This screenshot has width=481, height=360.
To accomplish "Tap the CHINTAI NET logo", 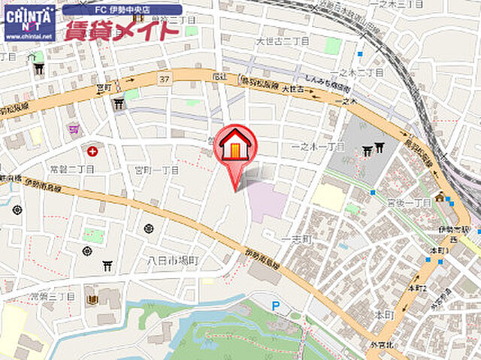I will click(29, 23).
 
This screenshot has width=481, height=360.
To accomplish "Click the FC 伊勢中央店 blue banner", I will click(122, 11).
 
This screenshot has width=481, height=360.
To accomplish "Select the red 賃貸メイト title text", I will click(122, 31).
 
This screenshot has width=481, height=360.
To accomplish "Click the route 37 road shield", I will click(164, 77).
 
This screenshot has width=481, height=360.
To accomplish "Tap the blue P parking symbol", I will click(275, 305).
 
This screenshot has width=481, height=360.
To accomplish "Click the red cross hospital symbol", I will click(92, 151).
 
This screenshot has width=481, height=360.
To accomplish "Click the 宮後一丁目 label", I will click(409, 203).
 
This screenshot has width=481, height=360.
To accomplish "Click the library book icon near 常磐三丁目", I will click(92, 300).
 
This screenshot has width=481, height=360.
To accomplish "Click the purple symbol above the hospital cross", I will click(73, 129).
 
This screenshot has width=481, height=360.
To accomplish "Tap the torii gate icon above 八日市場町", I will click(107, 266).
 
